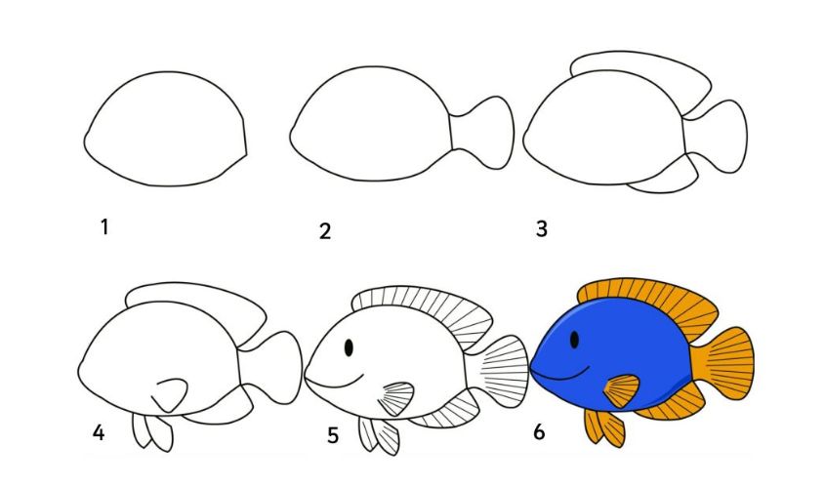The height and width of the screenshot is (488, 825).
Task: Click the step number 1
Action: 103,227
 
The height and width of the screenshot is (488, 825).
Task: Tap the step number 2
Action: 325,231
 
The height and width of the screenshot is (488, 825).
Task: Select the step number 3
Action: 541,229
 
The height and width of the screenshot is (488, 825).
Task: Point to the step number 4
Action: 99,431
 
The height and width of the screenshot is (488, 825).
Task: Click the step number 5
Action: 333,434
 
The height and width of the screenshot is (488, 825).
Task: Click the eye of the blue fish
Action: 573,340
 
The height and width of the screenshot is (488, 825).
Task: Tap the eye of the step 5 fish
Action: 350,346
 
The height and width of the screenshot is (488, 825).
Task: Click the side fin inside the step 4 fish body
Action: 173,393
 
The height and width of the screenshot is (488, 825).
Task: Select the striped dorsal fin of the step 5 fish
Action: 430,308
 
